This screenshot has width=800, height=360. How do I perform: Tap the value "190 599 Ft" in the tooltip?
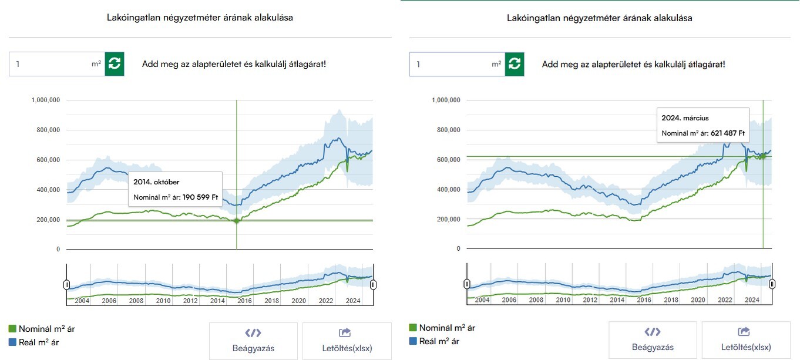pos(199,197)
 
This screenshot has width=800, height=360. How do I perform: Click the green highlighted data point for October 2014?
pos(237,221)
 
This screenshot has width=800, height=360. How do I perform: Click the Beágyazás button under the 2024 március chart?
pos(653,340)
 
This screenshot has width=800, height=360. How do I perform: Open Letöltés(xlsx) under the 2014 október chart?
pos(347,341)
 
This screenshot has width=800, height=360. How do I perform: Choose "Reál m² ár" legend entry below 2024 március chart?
pos(438,341)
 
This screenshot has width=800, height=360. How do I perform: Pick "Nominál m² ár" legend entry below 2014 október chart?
pos(46,329)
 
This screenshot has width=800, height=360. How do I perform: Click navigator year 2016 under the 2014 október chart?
pos(244,301)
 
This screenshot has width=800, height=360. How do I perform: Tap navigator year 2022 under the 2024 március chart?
pos(725,300)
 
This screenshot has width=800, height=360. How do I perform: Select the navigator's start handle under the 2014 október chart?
pos(67,285)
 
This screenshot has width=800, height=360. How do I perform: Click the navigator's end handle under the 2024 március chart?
pos(772,284)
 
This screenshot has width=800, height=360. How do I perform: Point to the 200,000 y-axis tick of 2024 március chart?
pos(447,219)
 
